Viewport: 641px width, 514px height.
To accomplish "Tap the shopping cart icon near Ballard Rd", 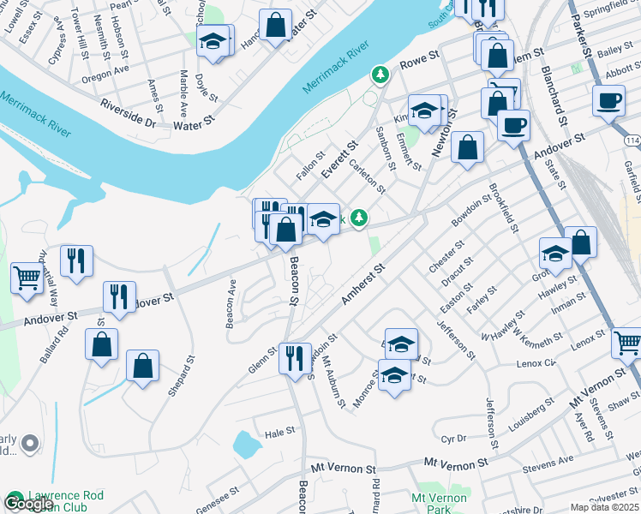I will click(x=27, y=278).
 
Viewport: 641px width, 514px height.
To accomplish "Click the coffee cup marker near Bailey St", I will click(x=608, y=101).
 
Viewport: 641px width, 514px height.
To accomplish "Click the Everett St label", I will click(x=338, y=160).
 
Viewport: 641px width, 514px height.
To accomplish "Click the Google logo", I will click(x=28, y=504).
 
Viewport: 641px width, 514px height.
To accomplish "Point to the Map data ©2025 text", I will click(x=605, y=507).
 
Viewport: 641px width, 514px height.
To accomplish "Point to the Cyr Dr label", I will click(x=454, y=439).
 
